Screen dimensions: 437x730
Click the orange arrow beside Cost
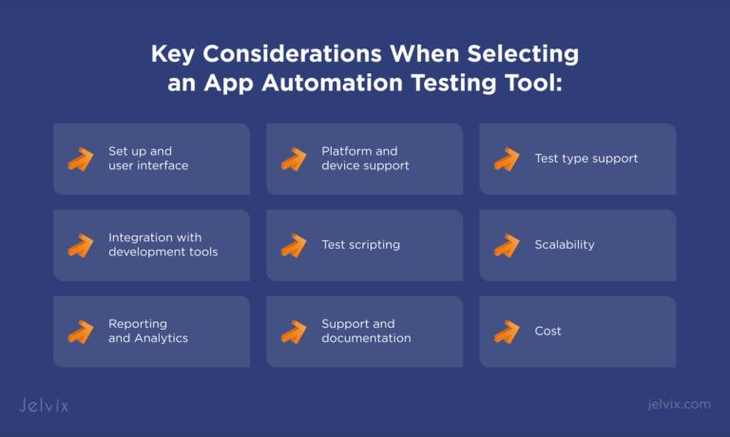pos(507,332)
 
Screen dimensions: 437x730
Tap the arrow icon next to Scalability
pos(507,245)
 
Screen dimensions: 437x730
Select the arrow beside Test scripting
pos(294,245)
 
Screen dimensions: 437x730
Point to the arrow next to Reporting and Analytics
pos(81,332)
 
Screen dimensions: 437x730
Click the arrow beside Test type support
pos(507,159)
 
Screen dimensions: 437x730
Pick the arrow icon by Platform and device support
pos(294,159)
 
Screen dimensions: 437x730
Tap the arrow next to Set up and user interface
pos(81,159)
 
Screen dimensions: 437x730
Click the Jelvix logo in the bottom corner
pos(44,405)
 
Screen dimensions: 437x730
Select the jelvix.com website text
pos(676,405)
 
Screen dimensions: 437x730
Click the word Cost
pos(547,332)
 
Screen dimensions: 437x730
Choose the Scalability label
pos(565,245)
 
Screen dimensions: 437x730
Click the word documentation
pos(366,338)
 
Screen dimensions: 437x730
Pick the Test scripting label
pos(360,245)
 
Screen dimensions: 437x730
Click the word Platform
pos(347,151)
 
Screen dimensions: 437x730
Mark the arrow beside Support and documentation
pos(294,332)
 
